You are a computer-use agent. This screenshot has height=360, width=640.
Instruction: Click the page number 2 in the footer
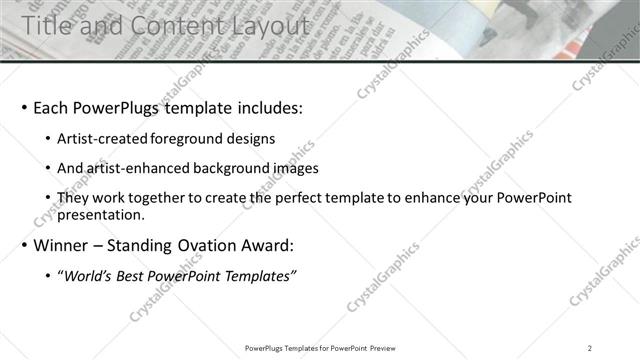[590, 348]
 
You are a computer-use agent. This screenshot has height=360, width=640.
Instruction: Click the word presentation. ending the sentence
[102, 214]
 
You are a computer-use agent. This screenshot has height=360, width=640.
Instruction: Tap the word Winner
[63, 245]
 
